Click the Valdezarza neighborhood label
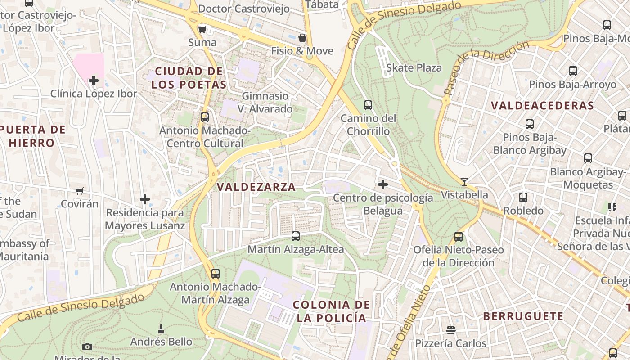coord(256,187)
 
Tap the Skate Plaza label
coord(414,68)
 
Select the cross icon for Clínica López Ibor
coord(94,81)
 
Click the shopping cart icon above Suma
coord(202,30)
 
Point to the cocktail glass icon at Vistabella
coord(464,182)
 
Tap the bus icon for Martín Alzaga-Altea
coord(296,236)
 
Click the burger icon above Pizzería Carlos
coord(451,330)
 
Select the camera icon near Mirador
coord(87,346)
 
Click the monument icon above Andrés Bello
coord(161,329)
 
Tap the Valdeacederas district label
coord(542,106)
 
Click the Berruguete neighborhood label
coord(523,316)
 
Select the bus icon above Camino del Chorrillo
coord(368,105)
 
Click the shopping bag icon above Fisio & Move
coord(302,38)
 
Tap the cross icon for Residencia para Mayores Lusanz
coord(145,199)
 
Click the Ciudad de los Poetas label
coord(189,78)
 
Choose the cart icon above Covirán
coord(80,191)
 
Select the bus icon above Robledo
coord(523,198)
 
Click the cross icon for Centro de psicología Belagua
coord(383,184)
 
